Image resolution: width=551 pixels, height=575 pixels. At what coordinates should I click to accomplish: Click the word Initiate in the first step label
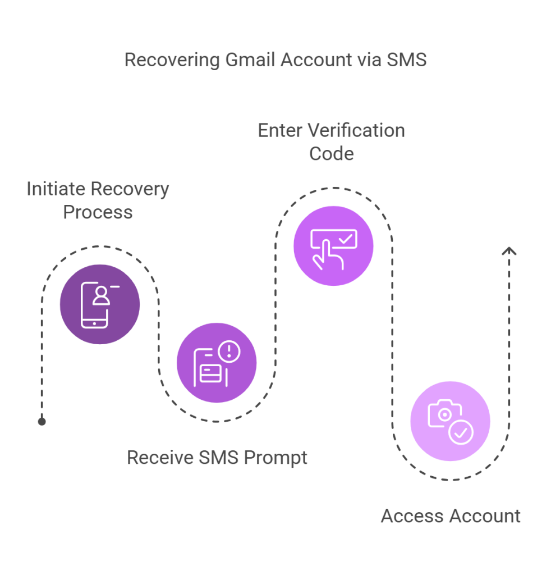[x=56, y=189]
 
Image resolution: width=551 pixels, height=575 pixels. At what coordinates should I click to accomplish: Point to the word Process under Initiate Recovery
[x=98, y=212]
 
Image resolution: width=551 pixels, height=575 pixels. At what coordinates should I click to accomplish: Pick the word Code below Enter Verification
[x=331, y=153]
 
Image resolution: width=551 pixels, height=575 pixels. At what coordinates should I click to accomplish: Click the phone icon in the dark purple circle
[x=95, y=305]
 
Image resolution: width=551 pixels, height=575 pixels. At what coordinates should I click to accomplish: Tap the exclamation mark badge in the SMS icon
[x=229, y=352]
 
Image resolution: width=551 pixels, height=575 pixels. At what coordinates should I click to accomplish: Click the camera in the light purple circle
[x=444, y=415]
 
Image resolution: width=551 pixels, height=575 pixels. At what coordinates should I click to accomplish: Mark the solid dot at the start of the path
[x=42, y=421]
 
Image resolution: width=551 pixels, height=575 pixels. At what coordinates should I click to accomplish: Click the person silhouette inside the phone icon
[x=101, y=296]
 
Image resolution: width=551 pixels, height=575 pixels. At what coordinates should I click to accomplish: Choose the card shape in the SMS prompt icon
[x=210, y=373]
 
